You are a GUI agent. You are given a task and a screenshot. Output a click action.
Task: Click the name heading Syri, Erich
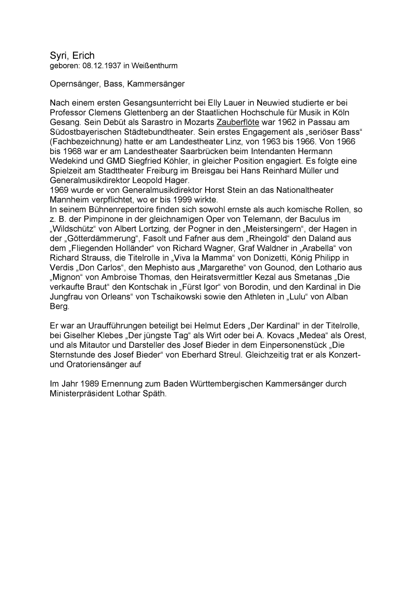[72, 55]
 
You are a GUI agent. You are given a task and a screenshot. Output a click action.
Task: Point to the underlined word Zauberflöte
[238, 122]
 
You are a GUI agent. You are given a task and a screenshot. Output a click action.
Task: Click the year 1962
[284, 122]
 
